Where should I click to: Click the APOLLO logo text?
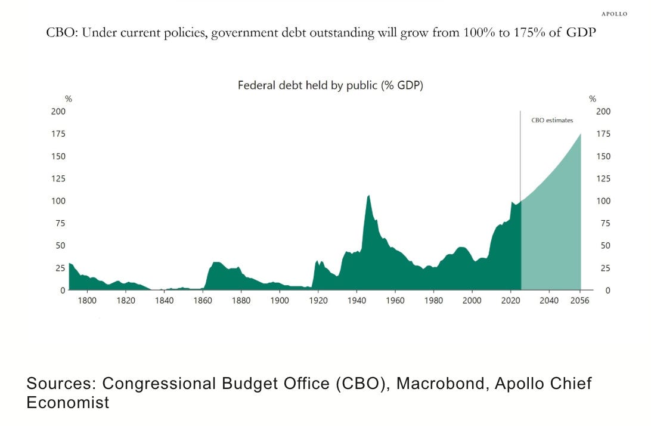(x=614, y=14)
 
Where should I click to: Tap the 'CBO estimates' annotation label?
(x=552, y=120)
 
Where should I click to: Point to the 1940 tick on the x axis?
(x=356, y=301)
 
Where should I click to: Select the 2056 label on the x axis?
(x=579, y=301)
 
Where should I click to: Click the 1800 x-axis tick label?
(x=87, y=301)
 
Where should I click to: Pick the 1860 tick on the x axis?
(x=202, y=301)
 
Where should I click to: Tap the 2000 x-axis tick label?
(x=472, y=301)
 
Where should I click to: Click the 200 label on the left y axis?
(x=58, y=112)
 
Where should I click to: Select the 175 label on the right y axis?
(x=603, y=134)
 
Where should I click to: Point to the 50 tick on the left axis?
(x=61, y=246)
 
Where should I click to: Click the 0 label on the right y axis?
(x=608, y=291)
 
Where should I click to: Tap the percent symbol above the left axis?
(x=69, y=99)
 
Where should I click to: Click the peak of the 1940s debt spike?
(x=368, y=195)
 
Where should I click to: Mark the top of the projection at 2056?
(x=580, y=134)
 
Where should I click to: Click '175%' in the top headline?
(x=529, y=32)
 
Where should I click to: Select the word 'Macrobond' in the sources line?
(x=441, y=383)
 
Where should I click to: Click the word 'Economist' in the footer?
(x=68, y=402)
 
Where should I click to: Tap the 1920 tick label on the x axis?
(x=318, y=301)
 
